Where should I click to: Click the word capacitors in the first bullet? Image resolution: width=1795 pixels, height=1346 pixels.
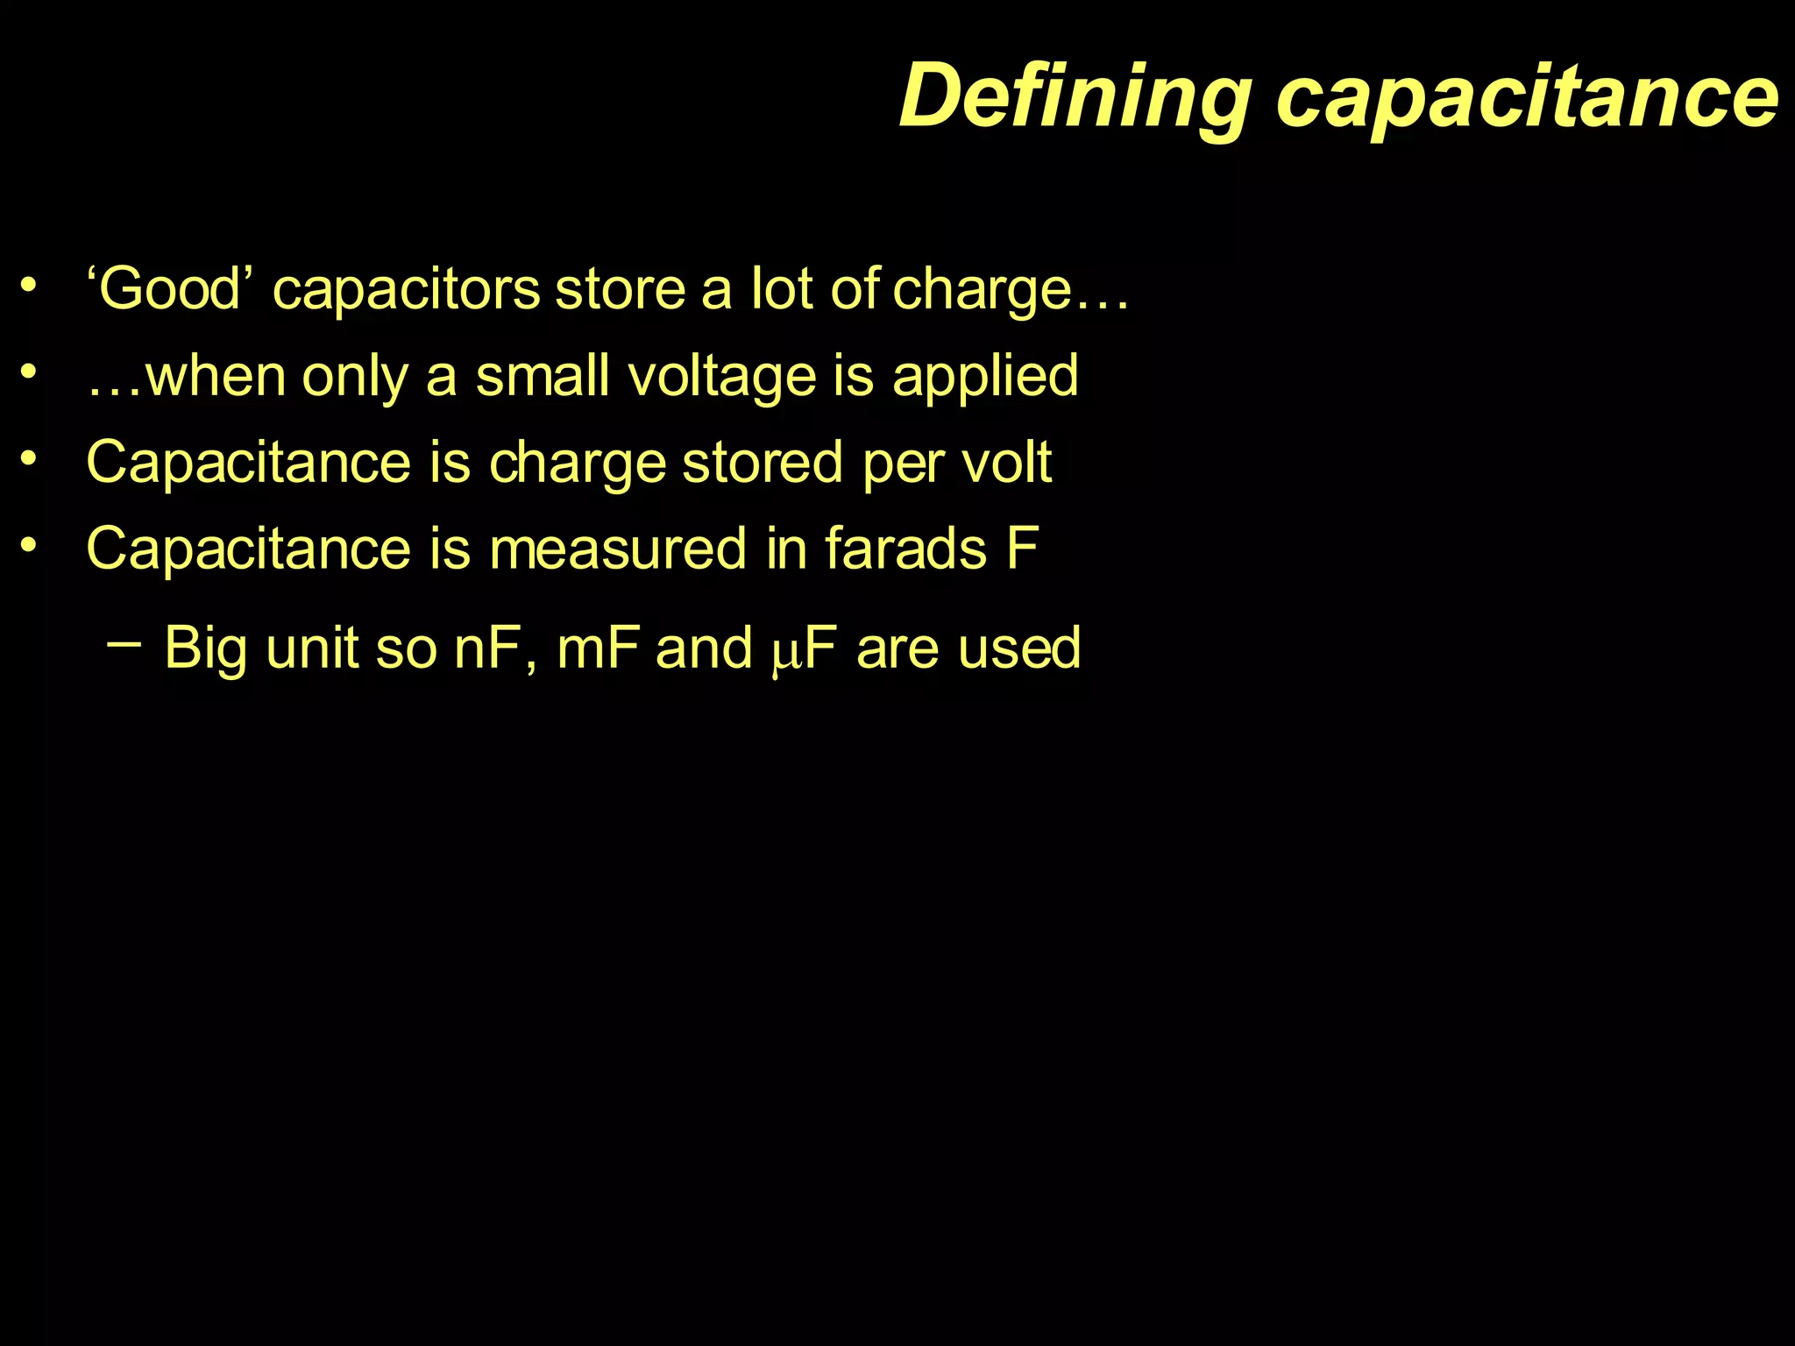[x=406, y=289]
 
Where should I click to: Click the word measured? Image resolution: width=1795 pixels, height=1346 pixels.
[x=618, y=549]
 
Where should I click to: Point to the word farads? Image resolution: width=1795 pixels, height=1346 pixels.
[x=905, y=549]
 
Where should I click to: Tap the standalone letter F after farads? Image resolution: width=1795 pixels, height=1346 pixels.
[x=1023, y=549]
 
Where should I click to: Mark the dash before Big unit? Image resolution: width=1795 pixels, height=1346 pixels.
[x=124, y=645]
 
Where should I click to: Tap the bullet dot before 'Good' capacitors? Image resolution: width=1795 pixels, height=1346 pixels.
[x=30, y=285]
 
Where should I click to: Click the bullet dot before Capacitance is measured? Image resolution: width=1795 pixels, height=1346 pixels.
[x=30, y=545]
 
